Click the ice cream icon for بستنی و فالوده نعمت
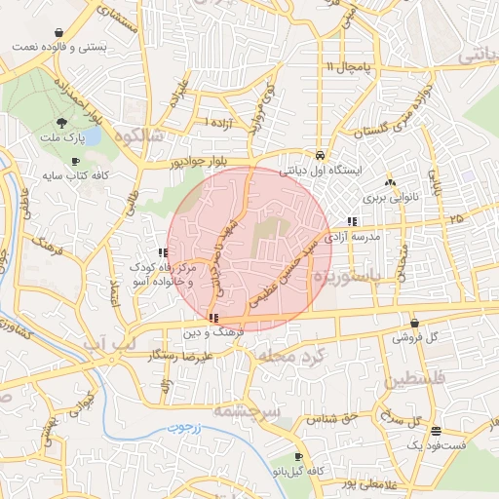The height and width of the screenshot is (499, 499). [x=60, y=31]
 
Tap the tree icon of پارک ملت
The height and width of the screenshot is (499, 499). [x=62, y=123]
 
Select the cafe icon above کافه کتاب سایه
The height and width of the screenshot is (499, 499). [x=75, y=162]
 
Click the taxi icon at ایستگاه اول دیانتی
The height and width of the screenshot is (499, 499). [x=320, y=155]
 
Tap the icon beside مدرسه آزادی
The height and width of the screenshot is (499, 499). [x=352, y=221]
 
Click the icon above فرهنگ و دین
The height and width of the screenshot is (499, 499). [x=213, y=318]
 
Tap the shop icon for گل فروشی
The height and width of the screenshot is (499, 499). [x=415, y=323]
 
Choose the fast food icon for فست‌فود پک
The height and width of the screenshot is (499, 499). [x=436, y=430]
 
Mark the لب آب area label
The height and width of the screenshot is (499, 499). [x=100, y=346]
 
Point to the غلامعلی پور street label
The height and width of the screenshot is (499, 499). [x=346, y=482]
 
